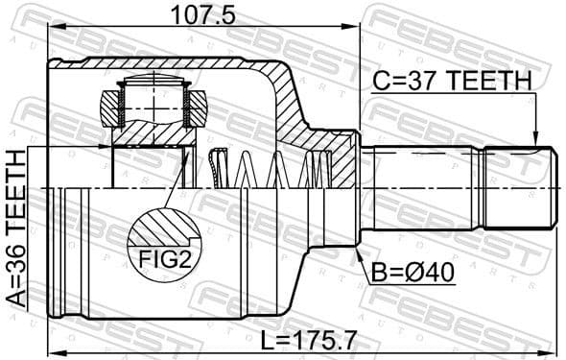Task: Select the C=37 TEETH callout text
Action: pos(452,84)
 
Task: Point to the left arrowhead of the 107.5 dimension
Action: pos(54,29)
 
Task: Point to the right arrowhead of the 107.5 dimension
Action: pos(356,29)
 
